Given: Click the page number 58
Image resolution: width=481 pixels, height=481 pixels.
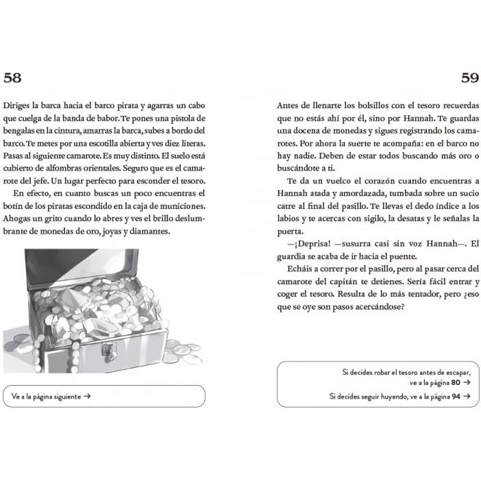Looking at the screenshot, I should [12, 77].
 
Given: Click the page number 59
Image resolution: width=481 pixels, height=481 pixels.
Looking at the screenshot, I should [469, 77].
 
